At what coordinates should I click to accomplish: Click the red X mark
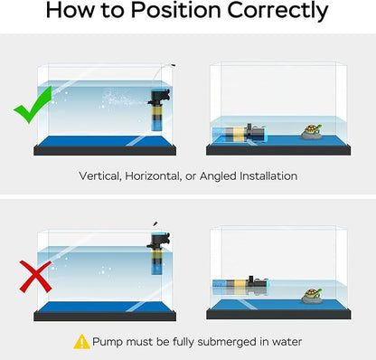tap(35, 277)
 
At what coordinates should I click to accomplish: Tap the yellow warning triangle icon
tap(81, 342)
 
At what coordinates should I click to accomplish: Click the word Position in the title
tap(176, 10)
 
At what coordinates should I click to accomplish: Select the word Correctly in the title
tap(277, 12)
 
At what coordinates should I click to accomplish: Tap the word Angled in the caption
tap(218, 176)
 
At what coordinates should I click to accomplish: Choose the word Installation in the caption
tap(268, 175)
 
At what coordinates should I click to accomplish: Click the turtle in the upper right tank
tap(312, 132)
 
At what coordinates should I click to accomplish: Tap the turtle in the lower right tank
tap(312, 296)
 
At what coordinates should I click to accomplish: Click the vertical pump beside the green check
tap(158, 109)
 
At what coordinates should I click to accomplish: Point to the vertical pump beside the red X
tap(158, 252)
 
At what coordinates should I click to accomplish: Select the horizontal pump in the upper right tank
tap(240, 134)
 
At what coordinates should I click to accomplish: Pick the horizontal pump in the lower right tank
tap(240, 286)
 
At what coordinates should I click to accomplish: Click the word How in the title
tap(70, 10)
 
